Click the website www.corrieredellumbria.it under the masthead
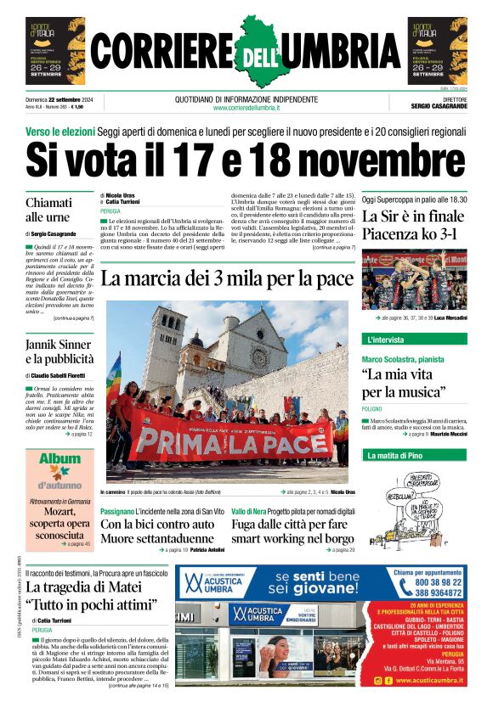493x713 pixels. click(x=246, y=108)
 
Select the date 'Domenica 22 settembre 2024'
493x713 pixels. click(x=59, y=99)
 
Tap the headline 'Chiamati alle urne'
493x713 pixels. click(x=48, y=210)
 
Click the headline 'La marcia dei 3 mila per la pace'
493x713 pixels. click(x=226, y=278)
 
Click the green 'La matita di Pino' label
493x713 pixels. click(x=393, y=456)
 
